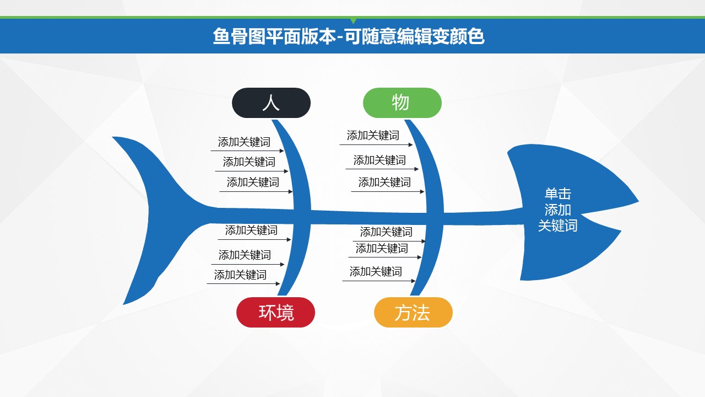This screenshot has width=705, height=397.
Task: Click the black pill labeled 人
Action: tap(272, 103)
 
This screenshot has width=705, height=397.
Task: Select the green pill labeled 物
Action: tap(402, 103)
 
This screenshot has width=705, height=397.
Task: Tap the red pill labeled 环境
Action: tap(276, 312)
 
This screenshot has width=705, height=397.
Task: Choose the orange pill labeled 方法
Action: tap(413, 312)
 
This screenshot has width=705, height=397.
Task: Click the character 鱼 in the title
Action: tap(221, 36)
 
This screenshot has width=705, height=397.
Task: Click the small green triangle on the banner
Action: tap(353, 21)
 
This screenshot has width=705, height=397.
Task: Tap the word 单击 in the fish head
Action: tap(558, 194)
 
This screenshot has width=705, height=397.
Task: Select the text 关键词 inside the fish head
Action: tap(558, 226)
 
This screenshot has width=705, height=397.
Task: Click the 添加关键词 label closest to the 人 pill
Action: tap(244, 142)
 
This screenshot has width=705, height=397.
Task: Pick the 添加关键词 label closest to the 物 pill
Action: tap(373, 135)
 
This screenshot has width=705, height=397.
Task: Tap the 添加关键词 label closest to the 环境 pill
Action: tap(241, 275)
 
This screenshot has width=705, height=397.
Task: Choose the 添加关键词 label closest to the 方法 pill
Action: tap(376, 271)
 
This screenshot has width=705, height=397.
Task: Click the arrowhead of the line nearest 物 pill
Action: tap(410, 144)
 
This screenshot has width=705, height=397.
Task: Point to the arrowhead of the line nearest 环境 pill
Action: tap(278, 283)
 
